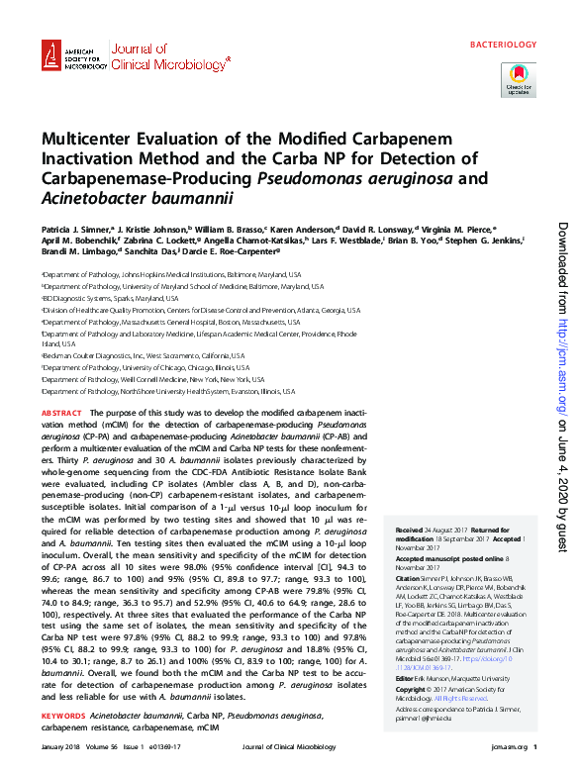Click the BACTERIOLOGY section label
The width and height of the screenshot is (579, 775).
point(502,46)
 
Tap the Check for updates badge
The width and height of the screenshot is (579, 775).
point(518,79)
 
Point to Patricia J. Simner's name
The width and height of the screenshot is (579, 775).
point(75,227)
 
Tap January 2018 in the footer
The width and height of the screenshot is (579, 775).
point(62,759)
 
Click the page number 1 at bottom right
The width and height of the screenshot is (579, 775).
point(534,759)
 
